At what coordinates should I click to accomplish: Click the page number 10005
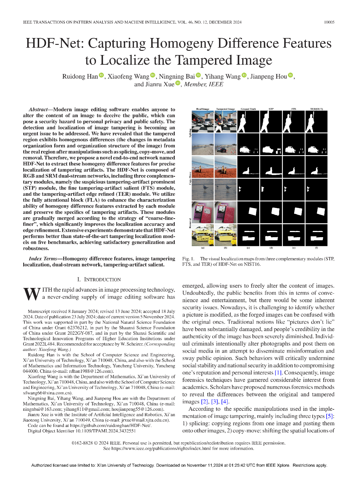pos(329,22)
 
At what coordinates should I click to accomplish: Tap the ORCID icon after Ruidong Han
pos(101,75)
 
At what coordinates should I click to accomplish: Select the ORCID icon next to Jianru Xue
pos(178,83)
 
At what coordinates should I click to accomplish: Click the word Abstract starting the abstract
pos(38,110)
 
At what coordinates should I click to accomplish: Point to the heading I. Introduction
pos(99,279)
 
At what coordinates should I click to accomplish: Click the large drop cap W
pos(32,294)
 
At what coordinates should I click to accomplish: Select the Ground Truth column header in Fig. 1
pos(248,109)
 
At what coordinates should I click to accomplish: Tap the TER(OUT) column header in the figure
pos(316,109)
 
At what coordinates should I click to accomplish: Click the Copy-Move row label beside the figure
pos(190,178)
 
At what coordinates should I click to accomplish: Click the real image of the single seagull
pos(203,190)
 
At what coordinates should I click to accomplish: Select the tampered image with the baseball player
pos(225,121)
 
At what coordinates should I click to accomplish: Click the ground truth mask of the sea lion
pos(248,167)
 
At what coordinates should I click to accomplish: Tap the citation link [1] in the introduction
pos(278,373)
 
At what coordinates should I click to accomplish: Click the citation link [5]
pos(330,416)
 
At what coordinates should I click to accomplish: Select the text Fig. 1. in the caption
pos(188,259)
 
